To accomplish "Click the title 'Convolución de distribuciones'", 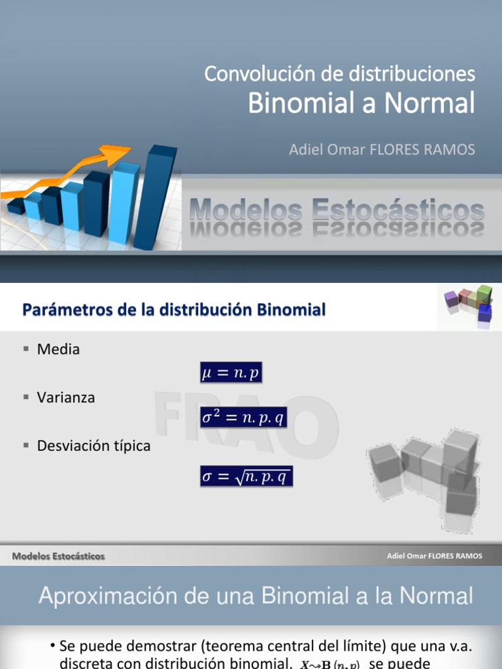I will pos(339,74).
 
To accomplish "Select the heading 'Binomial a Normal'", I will pos(361,103).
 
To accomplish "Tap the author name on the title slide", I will pos(382,150).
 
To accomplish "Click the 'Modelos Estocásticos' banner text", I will pos(337,211).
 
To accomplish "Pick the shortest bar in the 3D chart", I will pos(16,206).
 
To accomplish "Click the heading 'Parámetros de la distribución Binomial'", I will pos(174,310).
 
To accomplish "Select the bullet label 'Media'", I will pos(58,350).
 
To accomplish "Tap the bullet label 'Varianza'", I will pos(66,397).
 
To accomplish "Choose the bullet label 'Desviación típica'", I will pos(93,446).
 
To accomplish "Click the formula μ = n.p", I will pos(231,374).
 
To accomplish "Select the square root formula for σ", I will pos(246,476).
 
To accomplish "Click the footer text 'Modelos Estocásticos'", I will pos(58,556).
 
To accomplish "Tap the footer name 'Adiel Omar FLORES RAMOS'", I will pos(434,556).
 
